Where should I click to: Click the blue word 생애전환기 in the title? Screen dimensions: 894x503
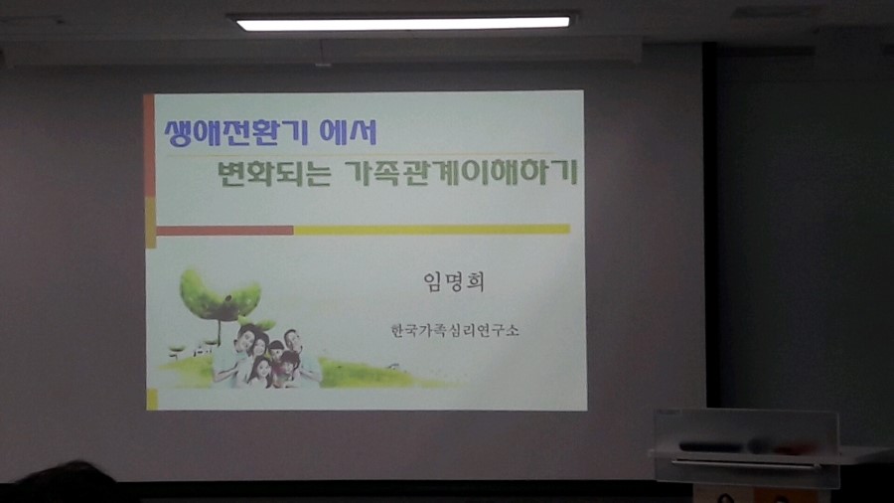click(236, 132)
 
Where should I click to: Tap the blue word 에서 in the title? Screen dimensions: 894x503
click(348, 131)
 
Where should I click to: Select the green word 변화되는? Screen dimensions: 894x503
click(274, 172)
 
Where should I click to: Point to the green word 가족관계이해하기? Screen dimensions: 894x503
click(462, 172)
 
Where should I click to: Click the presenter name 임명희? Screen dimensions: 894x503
click(454, 281)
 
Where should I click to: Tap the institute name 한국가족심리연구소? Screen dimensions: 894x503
click(455, 330)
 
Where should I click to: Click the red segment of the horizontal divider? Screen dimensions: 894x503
click(224, 231)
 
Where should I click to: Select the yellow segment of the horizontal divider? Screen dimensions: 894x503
click(432, 230)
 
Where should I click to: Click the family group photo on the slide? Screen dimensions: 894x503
click(265, 357)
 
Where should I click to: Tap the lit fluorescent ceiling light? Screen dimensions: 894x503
click(403, 24)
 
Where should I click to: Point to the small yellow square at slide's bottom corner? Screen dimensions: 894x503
click(152, 400)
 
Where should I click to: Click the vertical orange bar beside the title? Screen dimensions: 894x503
click(149, 145)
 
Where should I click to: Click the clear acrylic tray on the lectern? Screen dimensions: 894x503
click(746, 447)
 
